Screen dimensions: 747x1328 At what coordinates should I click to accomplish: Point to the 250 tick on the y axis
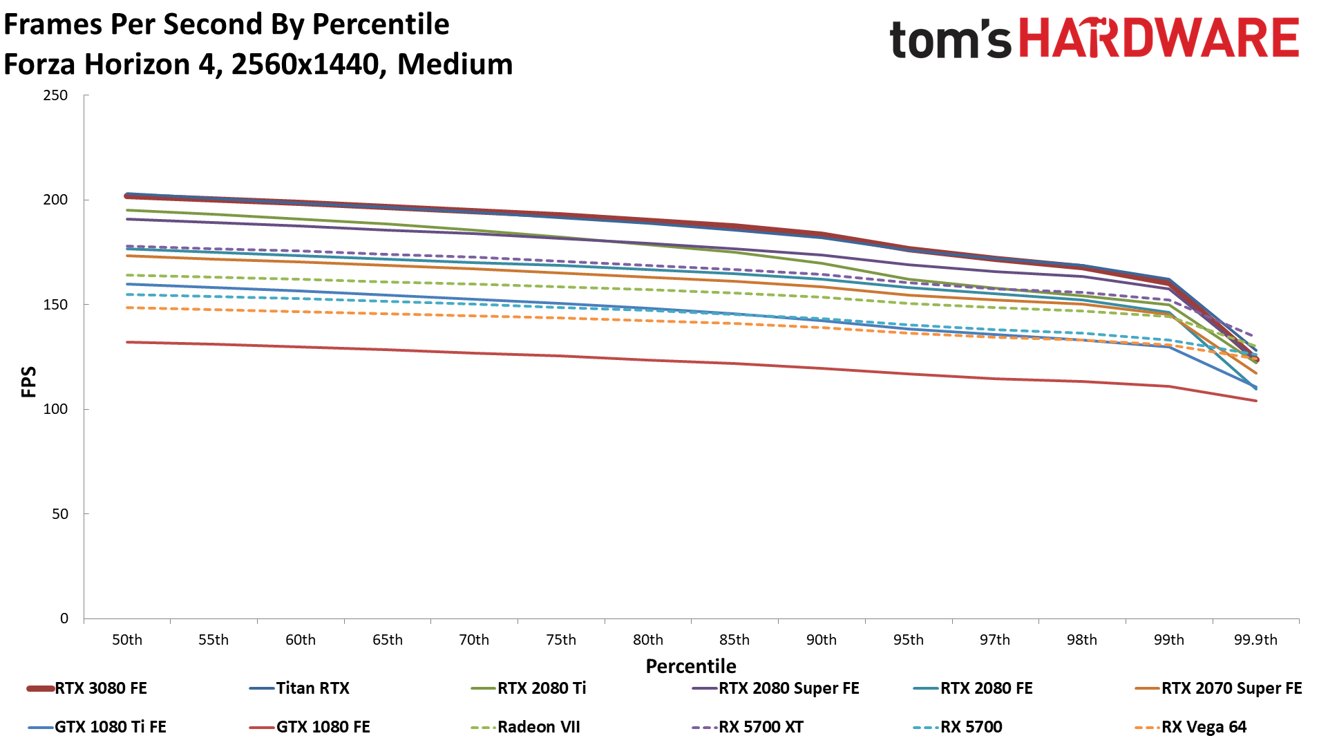pyautogui.click(x=55, y=95)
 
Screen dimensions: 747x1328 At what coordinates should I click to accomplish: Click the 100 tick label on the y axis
pyautogui.click(x=55, y=409)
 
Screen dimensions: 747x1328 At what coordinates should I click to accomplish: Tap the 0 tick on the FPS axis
pyautogui.click(x=64, y=618)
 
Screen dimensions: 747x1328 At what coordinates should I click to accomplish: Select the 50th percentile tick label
pyautogui.click(x=127, y=640)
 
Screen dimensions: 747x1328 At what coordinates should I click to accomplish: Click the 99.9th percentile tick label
pyautogui.click(x=1255, y=640)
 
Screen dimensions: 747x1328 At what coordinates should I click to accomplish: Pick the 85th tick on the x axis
pyautogui.click(x=734, y=640)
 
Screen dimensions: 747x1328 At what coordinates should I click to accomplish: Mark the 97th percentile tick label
pyautogui.click(x=995, y=640)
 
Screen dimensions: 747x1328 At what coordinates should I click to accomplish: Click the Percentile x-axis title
pyautogui.click(x=691, y=666)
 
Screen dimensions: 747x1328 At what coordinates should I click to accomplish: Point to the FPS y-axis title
pyautogui.click(x=29, y=381)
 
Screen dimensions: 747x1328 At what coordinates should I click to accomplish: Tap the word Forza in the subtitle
pyautogui.click(x=40, y=64)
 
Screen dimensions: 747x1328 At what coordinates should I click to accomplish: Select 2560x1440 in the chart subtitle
pyautogui.click(x=305, y=64)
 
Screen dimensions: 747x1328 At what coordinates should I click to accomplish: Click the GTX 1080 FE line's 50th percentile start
pyautogui.click(x=128, y=342)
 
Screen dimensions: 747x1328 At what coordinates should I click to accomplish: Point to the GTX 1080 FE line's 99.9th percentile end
pyautogui.click(x=1255, y=401)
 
